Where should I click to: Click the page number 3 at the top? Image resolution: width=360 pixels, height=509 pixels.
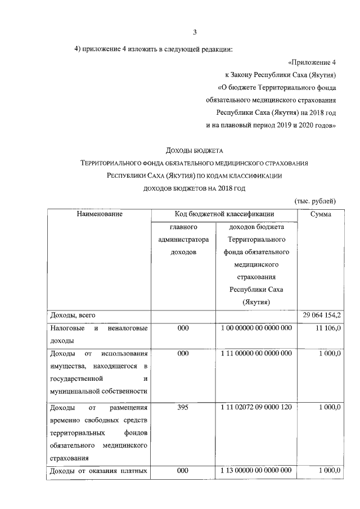pyautogui.click(x=195, y=31)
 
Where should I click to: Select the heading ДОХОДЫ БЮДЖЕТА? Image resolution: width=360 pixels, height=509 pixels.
pyautogui.click(x=195, y=150)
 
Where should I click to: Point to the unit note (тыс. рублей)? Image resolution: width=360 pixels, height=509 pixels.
pyautogui.click(x=315, y=200)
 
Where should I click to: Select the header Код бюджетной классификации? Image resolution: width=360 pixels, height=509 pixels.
pyautogui.click(x=225, y=214)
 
